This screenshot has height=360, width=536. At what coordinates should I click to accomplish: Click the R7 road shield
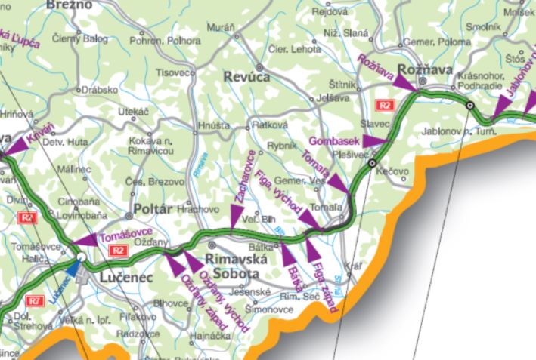point(34,301)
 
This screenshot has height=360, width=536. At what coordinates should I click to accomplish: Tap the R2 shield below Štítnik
point(386,105)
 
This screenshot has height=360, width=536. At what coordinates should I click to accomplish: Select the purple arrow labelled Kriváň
point(14,151)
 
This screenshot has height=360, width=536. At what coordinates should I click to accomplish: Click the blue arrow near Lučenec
point(73,267)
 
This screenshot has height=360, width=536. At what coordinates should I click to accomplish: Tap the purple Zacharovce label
point(246,176)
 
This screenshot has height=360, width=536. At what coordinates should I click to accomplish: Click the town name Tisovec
point(172,73)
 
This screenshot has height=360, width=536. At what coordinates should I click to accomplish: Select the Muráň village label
point(221,27)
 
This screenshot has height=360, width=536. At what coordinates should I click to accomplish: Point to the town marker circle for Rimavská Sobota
point(212,245)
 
